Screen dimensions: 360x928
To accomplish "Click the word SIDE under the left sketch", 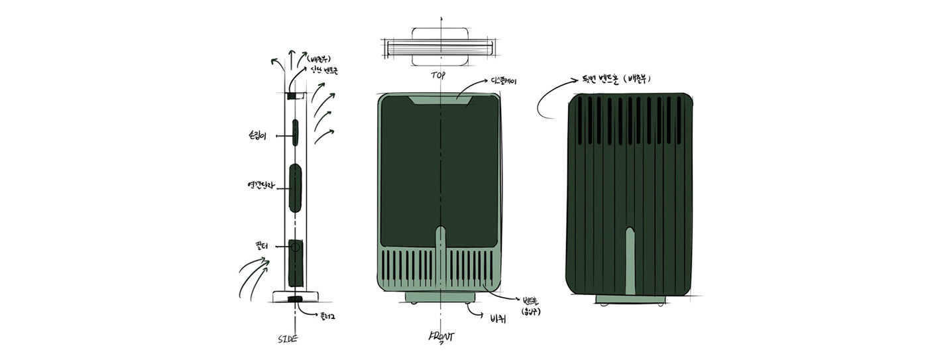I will [x=287, y=339].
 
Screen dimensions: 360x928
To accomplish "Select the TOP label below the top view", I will [x=438, y=76].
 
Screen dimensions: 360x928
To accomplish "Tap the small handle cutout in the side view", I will [x=296, y=132].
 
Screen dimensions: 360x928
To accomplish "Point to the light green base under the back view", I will [x=630, y=300].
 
